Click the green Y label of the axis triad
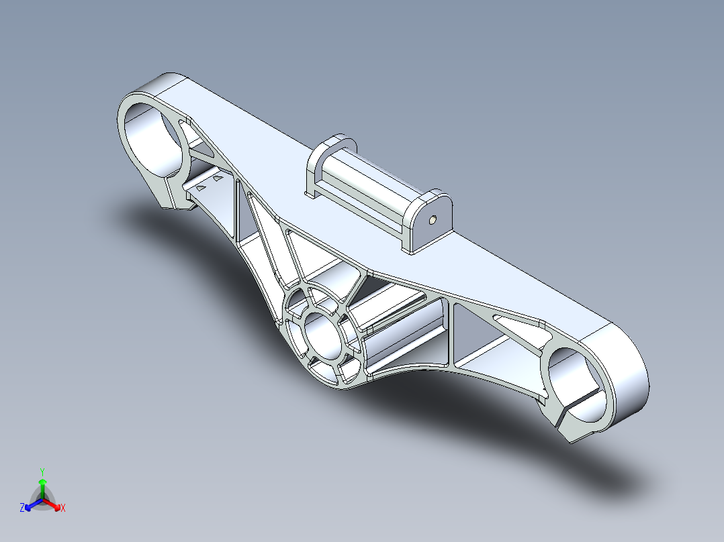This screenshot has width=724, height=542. (42, 472)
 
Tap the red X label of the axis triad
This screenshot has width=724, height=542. (63, 508)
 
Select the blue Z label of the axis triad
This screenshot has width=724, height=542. (22, 508)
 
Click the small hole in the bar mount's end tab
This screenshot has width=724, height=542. (432, 219)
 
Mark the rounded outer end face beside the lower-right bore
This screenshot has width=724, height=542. (628, 376)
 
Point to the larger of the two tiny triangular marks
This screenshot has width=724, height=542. (219, 179)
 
